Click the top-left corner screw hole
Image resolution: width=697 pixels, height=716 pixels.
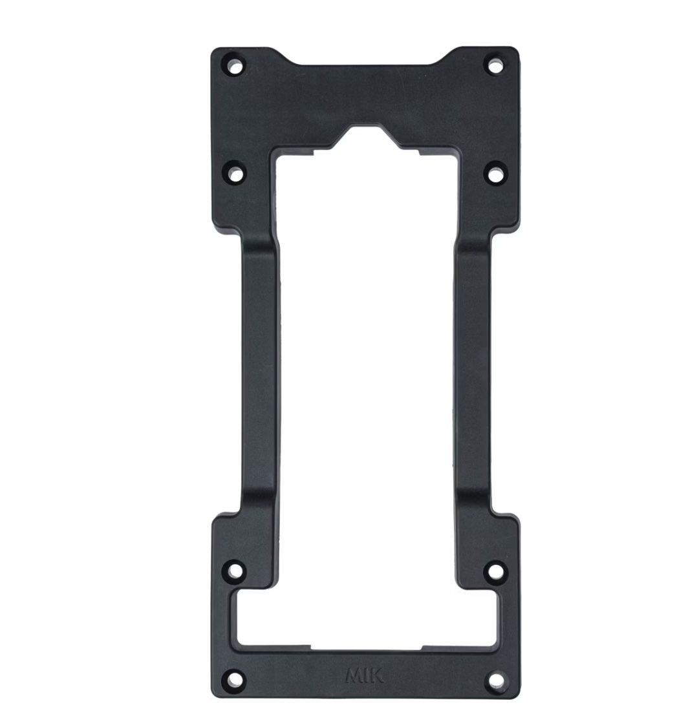click(x=235, y=66)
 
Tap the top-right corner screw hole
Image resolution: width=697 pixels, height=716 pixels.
click(x=494, y=66)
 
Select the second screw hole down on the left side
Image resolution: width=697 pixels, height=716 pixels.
click(x=235, y=174)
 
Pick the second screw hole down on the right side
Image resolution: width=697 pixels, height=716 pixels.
click(x=495, y=174)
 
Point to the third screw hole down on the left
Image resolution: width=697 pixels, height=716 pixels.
click(x=235, y=571)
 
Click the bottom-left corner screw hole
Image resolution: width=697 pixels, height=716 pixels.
click(x=235, y=679)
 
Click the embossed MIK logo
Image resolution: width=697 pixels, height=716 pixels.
click(x=365, y=676)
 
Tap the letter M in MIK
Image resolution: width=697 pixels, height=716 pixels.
click(x=354, y=676)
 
